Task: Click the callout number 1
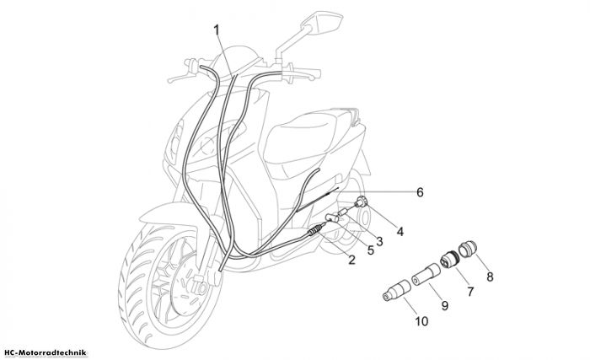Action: tap(217, 30)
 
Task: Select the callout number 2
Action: tap(351, 260)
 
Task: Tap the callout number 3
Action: tap(379, 241)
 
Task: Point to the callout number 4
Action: tap(400, 232)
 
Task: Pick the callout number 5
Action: tap(371, 250)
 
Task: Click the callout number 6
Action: tap(420, 192)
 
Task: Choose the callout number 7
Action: tap(470, 291)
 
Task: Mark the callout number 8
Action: tap(490, 277)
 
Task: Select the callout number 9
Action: tap(445, 305)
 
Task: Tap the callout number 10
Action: tap(421, 321)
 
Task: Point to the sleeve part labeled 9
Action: tap(426, 275)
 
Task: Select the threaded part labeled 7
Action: tap(449, 259)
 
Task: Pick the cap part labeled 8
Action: tap(468, 250)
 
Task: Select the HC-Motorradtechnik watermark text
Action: tap(44, 353)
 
